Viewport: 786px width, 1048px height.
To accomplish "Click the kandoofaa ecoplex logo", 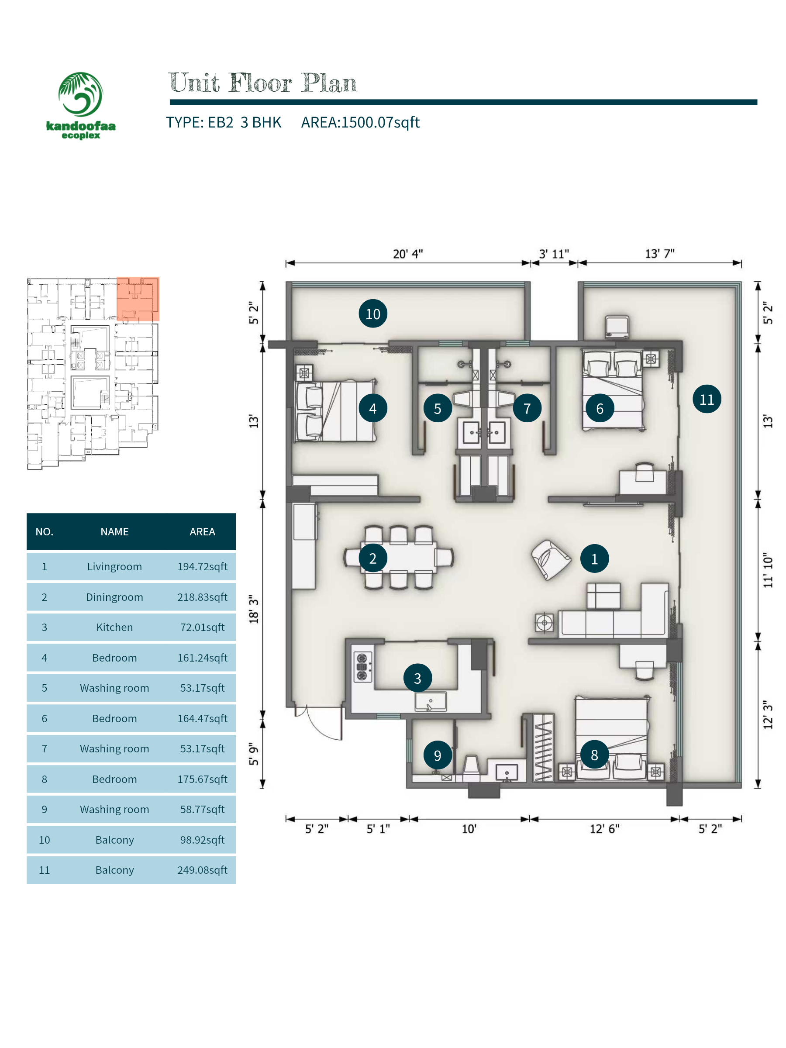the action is coord(80,105).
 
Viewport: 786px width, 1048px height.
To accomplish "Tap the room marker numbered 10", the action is coord(372,314).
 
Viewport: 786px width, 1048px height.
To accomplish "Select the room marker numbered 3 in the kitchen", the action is coord(417,678).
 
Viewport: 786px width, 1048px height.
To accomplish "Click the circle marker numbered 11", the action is coord(707,399).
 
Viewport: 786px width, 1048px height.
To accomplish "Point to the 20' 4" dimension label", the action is coord(407,254).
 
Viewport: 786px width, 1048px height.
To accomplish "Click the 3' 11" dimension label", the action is coord(553,254).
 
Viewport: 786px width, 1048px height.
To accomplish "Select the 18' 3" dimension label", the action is coord(254,609).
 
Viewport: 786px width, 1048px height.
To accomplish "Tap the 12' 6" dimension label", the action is coord(604,829).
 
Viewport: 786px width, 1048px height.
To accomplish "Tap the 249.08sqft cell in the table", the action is coord(202,870).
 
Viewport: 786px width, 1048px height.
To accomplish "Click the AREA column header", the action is coord(202,531).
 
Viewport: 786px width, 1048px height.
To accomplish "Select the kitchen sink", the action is coord(430,702).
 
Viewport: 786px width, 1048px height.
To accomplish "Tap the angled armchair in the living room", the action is coord(551,559).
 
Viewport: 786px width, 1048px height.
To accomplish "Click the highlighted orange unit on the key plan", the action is coord(138,299).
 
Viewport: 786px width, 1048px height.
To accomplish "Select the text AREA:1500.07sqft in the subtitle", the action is coord(360,122).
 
